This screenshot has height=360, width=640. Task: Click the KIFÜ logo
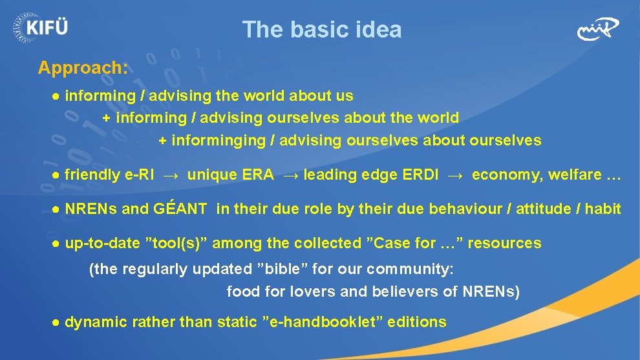40,26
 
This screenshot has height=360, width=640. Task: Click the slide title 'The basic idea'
321,30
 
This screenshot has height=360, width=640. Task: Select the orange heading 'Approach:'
83,68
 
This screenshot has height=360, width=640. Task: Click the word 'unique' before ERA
211,175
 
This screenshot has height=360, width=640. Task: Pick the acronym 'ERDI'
420,175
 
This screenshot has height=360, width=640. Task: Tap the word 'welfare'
565,175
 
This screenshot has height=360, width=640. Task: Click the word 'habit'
603,209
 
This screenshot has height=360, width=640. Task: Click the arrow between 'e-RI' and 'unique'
171,175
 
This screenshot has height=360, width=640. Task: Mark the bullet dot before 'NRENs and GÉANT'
57,209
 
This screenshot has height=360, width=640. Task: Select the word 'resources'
504,244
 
